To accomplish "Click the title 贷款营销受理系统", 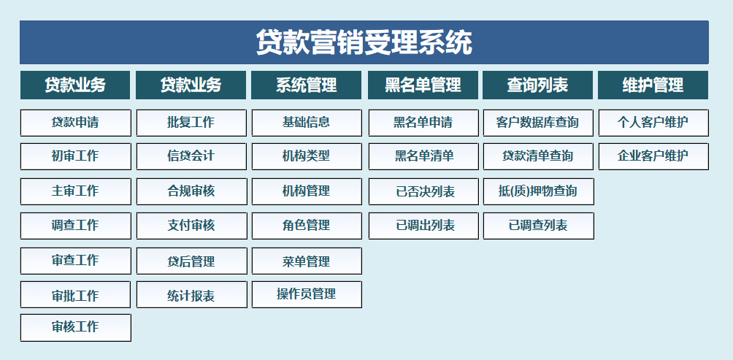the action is coord(364,42).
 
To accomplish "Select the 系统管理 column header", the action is coord(307,85).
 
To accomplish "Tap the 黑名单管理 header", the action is coord(423,85).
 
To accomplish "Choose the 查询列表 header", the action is coord(537,85).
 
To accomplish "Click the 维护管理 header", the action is coord(653,85).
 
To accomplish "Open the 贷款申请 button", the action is coord(76,123).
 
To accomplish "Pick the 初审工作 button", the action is coord(76,156).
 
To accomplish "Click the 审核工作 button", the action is coord(76,328).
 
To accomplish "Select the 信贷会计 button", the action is coord(192,156).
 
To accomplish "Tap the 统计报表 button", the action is coord(192,294).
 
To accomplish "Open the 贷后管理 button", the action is coord(192,261).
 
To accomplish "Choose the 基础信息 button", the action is coord(307,123).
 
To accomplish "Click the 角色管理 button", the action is coord(307,226).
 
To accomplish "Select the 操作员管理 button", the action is coord(307,294).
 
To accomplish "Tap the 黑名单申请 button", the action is coord(423,123).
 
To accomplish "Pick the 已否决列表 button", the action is coord(423,192).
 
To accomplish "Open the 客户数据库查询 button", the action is coord(538,123).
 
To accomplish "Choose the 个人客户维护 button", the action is coord(653,123).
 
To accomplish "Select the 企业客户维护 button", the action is coord(653,156).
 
